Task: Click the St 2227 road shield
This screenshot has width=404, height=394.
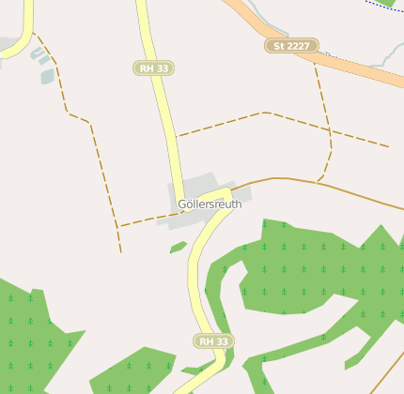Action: point(291,45)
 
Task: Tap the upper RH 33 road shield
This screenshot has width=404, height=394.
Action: point(154,68)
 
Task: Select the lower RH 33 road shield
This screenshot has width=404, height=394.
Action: point(212,341)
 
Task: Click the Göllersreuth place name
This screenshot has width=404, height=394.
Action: point(210,204)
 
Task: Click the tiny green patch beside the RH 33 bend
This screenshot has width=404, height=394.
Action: point(178,248)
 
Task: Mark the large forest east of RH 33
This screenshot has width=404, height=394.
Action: point(310,272)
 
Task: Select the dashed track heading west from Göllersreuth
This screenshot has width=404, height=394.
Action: point(141,222)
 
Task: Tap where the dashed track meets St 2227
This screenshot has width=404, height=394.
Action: point(314,56)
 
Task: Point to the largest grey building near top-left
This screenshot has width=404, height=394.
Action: point(47,76)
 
